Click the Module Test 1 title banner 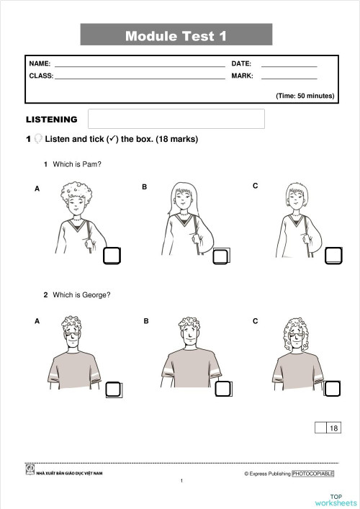pyautogui.click(x=176, y=35)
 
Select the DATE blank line pyautogui.click(x=289, y=66)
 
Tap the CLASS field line pyautogui.click(x=140, y=77)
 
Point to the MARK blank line pyautogui.click(x=289, y=77)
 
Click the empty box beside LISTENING pyautogui.click(x=176, y=119)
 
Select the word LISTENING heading pyautogui.click(x=52, y=120)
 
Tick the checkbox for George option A pyautogui.click(x=113, y=389)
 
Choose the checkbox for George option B pyautogui.click(x=222, y=389)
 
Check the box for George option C pyautogui.click(x=333, y=389)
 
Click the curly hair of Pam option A pyautogui.click(x=76, y=192)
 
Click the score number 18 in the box pyautogui.click(x=333, y=428)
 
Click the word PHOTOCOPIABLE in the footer pyautogui.click(x=313, y=474)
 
